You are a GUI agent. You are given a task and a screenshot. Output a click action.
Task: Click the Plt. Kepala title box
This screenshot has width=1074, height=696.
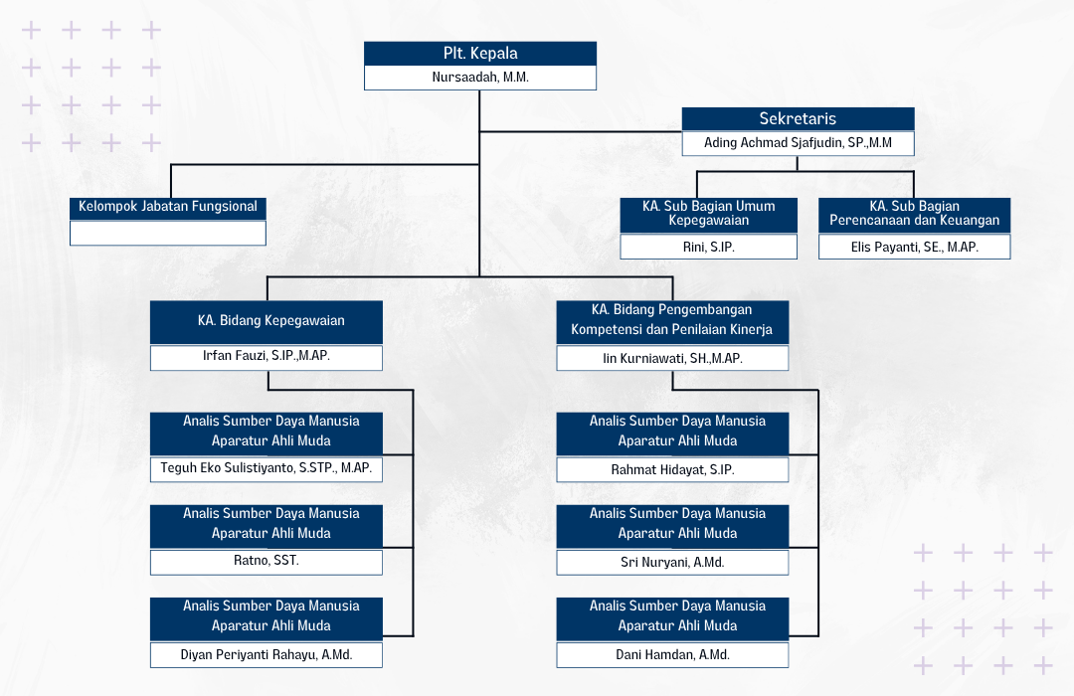tap(480, 54)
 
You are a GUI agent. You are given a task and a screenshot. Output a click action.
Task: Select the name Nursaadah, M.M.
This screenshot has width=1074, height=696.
tap(480, 78)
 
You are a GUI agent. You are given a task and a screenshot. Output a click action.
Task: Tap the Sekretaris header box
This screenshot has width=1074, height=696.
tap(798, 119)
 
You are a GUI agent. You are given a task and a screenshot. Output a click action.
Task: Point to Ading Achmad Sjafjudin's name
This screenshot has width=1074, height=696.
tap(798, 143)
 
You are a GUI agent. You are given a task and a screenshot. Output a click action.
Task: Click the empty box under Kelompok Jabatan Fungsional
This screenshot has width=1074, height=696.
tap(168, 233)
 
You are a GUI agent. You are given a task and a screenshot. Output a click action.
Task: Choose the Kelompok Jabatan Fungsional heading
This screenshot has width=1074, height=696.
tap(168, 207)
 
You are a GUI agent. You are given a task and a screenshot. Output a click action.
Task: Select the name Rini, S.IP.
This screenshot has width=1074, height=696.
tap(709, 247)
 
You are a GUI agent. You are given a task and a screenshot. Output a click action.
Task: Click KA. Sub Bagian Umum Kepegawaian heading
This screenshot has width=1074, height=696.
tap(709, 213)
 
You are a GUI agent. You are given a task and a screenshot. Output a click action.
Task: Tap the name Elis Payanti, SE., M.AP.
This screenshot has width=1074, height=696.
tap(915, 247)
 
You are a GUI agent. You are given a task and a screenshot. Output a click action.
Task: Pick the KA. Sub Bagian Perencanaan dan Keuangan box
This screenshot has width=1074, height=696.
tap(915, 213)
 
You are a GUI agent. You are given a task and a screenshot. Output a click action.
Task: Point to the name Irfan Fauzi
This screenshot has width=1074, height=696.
tap(267, 355)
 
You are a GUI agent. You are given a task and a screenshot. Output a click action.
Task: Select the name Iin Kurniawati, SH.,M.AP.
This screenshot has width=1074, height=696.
tap(672, 358)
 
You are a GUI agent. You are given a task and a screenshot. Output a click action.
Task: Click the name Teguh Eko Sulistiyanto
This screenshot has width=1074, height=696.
tap(267, 467)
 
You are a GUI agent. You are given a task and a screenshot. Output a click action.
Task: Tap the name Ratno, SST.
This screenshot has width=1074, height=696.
tap(267, 561)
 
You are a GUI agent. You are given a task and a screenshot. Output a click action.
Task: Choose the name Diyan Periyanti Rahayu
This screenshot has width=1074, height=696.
tap(267, 654)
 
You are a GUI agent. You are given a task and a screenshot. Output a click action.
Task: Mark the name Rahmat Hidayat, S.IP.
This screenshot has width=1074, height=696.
tap(672, 469)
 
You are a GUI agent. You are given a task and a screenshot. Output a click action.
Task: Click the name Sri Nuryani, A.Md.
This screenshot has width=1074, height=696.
tap(672, 562)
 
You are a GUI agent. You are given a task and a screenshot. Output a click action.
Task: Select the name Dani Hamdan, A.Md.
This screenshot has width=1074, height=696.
tap(672, 654)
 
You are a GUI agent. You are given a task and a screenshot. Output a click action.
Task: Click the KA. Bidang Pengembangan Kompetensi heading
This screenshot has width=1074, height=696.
tap(672, 320)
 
